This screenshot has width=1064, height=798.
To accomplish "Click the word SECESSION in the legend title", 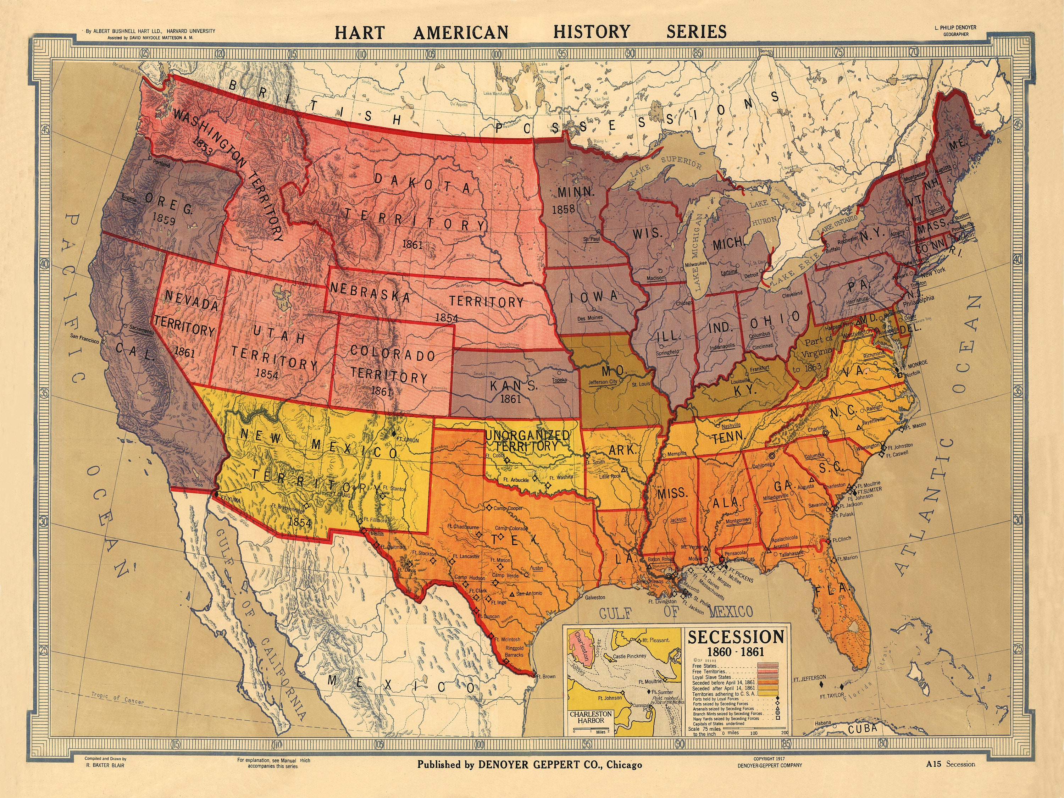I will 736,637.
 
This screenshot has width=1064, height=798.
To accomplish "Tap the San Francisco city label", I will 85,337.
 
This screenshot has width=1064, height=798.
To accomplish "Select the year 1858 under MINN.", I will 563,210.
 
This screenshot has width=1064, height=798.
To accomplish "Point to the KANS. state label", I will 513,385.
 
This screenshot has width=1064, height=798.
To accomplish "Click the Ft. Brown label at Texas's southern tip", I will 545,676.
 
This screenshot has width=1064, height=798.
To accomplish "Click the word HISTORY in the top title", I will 591,32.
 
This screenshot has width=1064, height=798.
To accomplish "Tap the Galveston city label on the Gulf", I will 595,597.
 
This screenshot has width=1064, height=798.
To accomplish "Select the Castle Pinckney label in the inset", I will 630,656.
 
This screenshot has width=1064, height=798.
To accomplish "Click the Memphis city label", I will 677,454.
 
